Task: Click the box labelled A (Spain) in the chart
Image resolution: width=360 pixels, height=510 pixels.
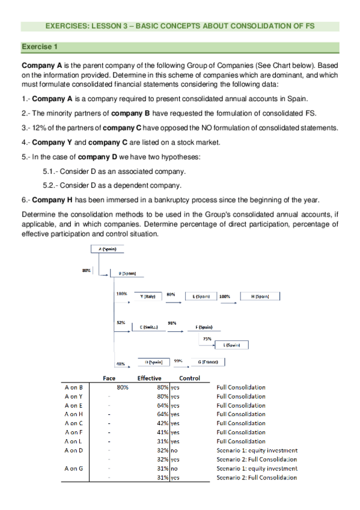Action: tap(107, 248)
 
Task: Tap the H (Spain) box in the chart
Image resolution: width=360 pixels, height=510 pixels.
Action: tap(260, 296)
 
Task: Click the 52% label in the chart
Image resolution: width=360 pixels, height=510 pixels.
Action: tap(121, 323)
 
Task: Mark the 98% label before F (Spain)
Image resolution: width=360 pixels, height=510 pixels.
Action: tap(172, 323)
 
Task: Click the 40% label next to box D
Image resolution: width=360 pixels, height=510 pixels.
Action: tap(121, 363)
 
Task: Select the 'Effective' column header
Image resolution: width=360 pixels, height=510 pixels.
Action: tap(150, 378)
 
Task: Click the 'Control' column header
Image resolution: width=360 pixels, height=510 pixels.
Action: tap(190, 378)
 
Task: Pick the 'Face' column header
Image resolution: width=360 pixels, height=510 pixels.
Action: tap(109, 378)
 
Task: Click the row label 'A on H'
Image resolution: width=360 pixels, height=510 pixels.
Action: tap(73, 414)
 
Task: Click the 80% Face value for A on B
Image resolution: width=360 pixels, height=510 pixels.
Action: tap(123, 387)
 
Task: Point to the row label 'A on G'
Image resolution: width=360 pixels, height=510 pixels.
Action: tap(73, 469)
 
